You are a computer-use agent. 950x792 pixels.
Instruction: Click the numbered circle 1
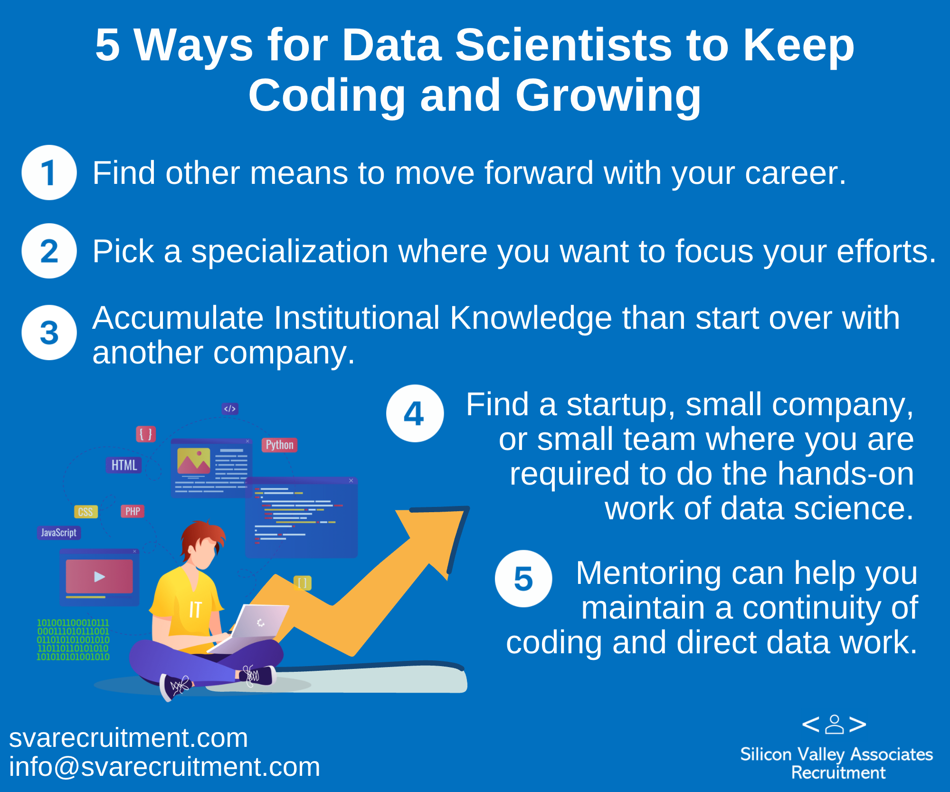[x=49, y=172]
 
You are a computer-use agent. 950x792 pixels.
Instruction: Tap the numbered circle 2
[x=49, y=251]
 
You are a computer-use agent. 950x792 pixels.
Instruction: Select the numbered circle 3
[x=49, y=333]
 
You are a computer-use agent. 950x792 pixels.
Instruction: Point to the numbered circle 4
[x=415, y=413]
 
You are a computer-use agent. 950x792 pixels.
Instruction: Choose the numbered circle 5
[x=523, y=579]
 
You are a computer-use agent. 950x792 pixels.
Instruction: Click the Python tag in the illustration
[x=279, y=445]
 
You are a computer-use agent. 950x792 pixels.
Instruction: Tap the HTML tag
[x=124, y=465]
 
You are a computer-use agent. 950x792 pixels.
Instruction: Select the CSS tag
[x=85, y=512]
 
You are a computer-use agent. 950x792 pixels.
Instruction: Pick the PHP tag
[x=133, y=511]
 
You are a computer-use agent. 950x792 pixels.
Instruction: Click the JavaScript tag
[x=59, y=533]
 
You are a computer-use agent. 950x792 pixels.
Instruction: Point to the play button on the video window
[x=99, y=577]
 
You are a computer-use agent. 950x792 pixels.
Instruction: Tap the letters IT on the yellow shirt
[x=195, y=609]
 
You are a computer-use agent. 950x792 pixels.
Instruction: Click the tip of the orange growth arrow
[x=468, y=508]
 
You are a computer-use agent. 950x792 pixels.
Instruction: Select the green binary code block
[x=73, y=639]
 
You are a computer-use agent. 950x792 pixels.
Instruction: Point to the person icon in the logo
[x=834, y=724]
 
